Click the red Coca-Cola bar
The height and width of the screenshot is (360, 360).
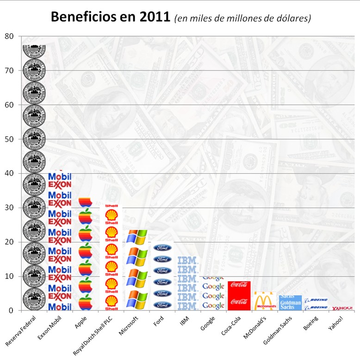click(x=239, y=296)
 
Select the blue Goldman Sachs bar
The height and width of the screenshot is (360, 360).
click(x=290, y=303)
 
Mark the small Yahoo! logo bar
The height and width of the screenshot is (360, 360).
click(x=342, y=308)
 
